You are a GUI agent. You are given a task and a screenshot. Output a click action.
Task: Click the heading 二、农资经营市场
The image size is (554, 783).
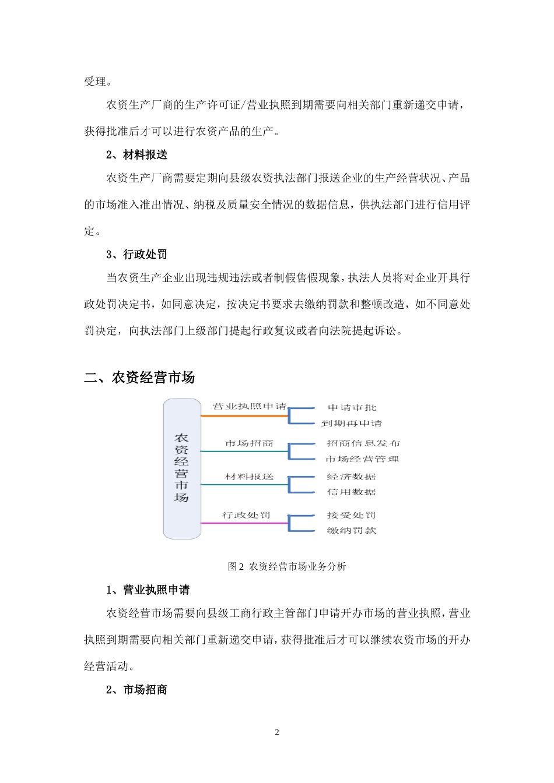(139, 378)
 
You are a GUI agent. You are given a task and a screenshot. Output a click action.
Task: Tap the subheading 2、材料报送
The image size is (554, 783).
(136, 154)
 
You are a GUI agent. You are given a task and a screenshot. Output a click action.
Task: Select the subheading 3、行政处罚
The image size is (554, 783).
(136, 254)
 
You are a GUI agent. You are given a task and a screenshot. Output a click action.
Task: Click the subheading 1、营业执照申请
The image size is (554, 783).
(148, 590)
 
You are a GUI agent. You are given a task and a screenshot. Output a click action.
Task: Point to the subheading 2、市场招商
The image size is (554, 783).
(136, 689)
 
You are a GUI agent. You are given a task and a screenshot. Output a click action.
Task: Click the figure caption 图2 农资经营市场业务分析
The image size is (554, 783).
(287, 566)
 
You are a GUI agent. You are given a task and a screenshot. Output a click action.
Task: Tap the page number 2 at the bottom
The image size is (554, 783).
(277, 732)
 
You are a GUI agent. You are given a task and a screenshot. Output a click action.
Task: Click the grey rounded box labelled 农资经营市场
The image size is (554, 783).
(182, 468)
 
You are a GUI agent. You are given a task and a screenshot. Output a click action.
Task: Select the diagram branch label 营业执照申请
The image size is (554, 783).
(250, 406)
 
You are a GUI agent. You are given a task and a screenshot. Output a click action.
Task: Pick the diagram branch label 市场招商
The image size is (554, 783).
(250, 443)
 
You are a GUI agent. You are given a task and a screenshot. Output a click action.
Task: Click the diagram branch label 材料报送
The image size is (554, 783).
(250, 477)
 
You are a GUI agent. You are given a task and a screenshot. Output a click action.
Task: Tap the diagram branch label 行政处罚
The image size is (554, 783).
(246, 515)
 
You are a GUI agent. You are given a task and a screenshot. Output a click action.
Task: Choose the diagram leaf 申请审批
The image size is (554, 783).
(352, 408)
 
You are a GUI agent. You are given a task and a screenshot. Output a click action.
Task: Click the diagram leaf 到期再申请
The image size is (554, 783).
(352, 423)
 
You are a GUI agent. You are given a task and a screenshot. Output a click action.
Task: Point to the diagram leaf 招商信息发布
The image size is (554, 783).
(363, 443)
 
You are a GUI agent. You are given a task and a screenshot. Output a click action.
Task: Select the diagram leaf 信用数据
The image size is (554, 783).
(351, 492)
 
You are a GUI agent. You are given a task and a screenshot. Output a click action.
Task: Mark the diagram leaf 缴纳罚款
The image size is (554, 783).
(351, 530)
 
